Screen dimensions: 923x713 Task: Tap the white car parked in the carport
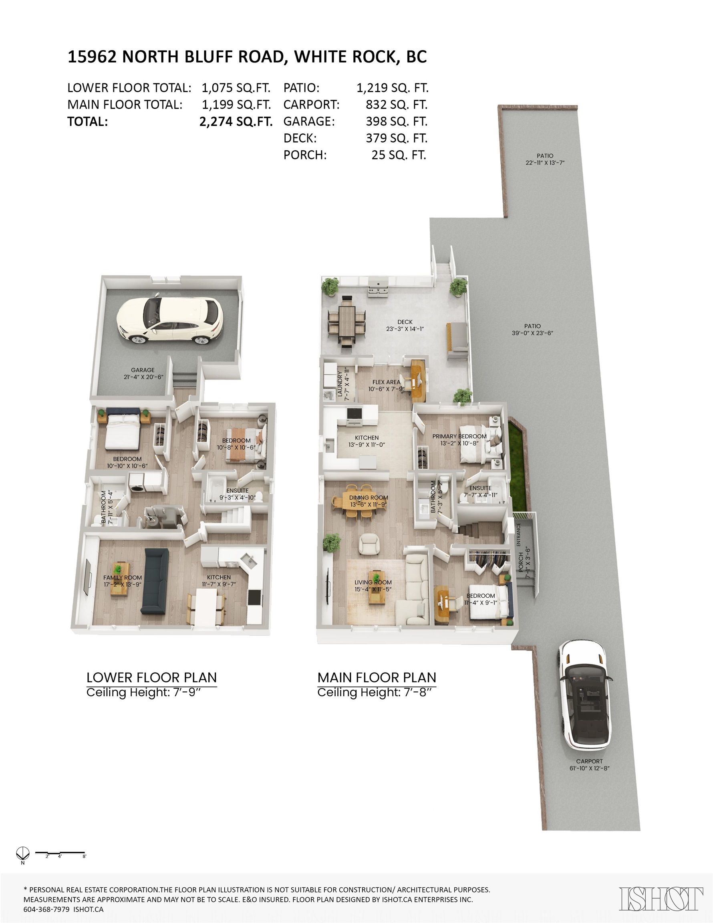[x=585, y=694]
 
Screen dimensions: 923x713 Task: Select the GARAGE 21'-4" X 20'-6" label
[x=143, y=374]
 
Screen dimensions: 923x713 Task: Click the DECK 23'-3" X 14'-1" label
[x=405, y=325]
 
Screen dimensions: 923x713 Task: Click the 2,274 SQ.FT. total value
[x=236, y=122]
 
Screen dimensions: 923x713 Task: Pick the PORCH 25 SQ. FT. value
[x=399, y=155]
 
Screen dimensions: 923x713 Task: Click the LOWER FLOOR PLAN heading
[x=151, y=677]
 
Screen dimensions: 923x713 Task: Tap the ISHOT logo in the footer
[x=661, y=899]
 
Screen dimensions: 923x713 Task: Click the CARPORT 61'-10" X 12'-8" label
[x=589, y=764]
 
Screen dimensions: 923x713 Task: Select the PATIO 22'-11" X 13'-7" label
[x=545, y=159]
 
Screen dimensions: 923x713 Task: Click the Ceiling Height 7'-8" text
[x=376, y=692]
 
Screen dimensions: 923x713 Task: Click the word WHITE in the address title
[x=321, y=56]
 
